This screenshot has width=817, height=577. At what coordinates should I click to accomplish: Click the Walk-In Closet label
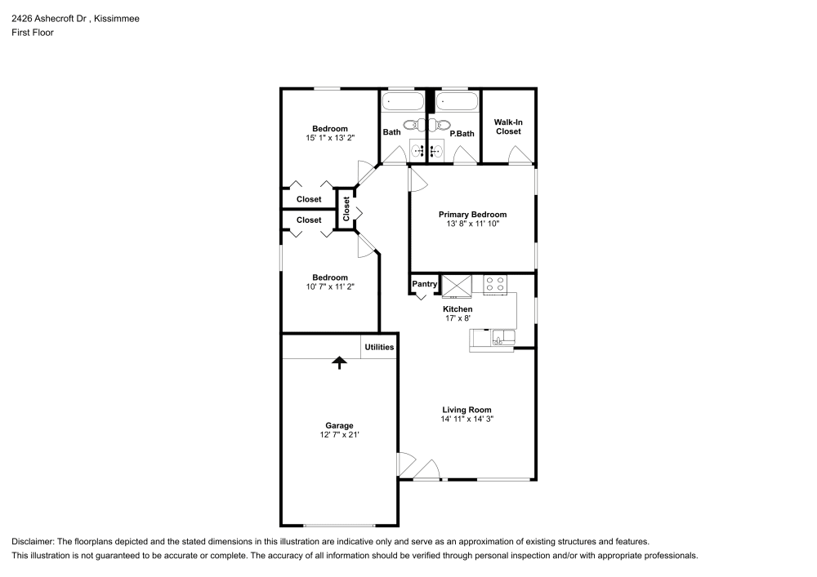point(507,126)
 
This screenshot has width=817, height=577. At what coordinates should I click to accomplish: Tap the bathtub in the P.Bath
point(456,102)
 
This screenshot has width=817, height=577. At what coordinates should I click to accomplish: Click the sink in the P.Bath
point(436,150)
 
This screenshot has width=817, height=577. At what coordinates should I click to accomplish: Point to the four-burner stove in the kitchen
point(495,285)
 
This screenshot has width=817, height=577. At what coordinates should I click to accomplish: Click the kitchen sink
point(499,337)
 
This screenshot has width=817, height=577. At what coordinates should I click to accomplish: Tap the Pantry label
point(424,284)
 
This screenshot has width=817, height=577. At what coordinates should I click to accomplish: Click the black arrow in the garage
point(338,363)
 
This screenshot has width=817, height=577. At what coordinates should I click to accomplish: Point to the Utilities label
point(379,347)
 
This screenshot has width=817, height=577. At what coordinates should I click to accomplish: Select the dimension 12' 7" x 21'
point(339,436)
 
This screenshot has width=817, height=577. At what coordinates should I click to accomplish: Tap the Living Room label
point(467,410)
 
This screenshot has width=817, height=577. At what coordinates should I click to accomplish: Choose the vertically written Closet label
point(346,209)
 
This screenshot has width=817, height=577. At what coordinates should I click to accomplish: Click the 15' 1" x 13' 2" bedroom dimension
point(329,138)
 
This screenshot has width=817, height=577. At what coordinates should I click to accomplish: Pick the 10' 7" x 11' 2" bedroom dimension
point(329,286)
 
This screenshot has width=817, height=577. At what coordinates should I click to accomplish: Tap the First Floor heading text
point(33,33)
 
